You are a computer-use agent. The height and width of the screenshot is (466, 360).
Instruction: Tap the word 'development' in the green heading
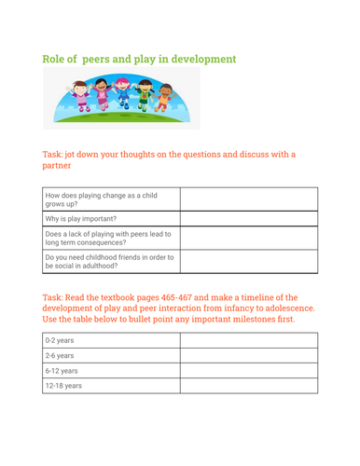tap(196, 60)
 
